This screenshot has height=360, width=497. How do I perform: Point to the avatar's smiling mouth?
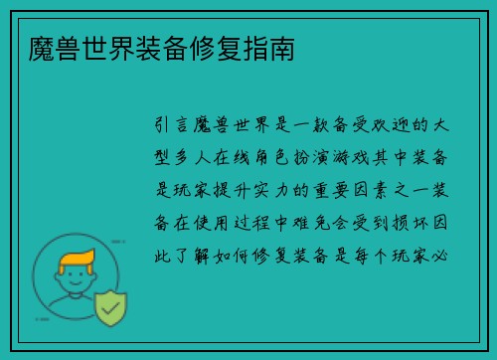pyautogui.click(x=77, y=296)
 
